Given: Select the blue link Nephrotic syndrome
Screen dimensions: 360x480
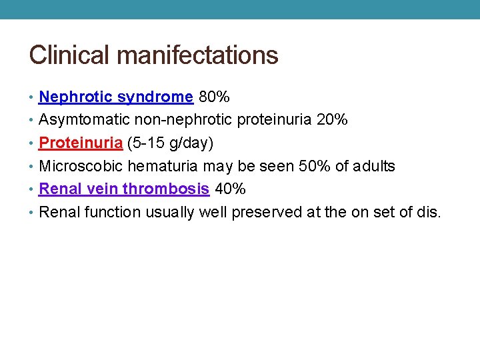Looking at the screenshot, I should pos(116,97).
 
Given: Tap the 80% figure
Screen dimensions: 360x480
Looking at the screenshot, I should pos(214,97).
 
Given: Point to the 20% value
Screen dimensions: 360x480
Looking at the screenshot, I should pos(331,120).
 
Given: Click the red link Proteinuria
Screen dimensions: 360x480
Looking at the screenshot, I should pos(81,143).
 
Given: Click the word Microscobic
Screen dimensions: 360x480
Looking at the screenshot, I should pos(81,166).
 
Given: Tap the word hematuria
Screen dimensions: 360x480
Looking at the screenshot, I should pos(164,166).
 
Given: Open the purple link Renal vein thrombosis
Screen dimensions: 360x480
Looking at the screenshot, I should pos(124,189).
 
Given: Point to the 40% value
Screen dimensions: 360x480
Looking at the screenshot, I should pos(230,189).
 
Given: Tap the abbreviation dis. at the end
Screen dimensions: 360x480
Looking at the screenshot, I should pos(429,212).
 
